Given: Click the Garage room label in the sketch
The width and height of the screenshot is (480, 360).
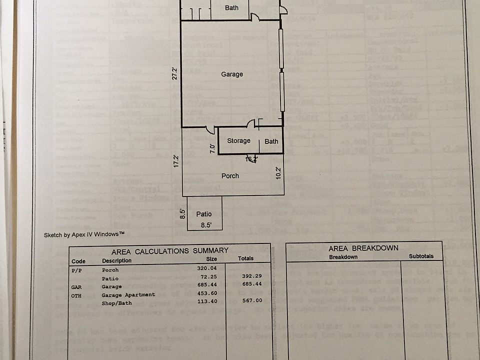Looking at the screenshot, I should click(232, 74).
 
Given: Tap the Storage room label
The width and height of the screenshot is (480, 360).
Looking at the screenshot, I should click(238, 141).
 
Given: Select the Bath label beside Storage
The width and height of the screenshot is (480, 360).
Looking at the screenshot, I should click(271, 141).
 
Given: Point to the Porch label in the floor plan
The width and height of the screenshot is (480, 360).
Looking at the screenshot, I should click(230, 176).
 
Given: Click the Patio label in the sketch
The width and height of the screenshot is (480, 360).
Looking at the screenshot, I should click(204, 214).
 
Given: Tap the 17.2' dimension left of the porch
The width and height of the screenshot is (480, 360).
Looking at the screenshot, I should click(176, 160).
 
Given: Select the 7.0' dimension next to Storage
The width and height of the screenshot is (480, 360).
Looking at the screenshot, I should click(212, 148).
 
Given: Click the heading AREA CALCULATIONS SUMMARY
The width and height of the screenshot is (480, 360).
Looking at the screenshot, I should click(170, 250).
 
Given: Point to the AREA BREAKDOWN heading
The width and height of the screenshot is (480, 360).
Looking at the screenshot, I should click(363, 248).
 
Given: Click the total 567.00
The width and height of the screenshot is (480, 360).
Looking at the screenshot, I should click(252, 300).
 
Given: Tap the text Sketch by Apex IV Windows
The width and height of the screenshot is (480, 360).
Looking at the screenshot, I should click(84, 234).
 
